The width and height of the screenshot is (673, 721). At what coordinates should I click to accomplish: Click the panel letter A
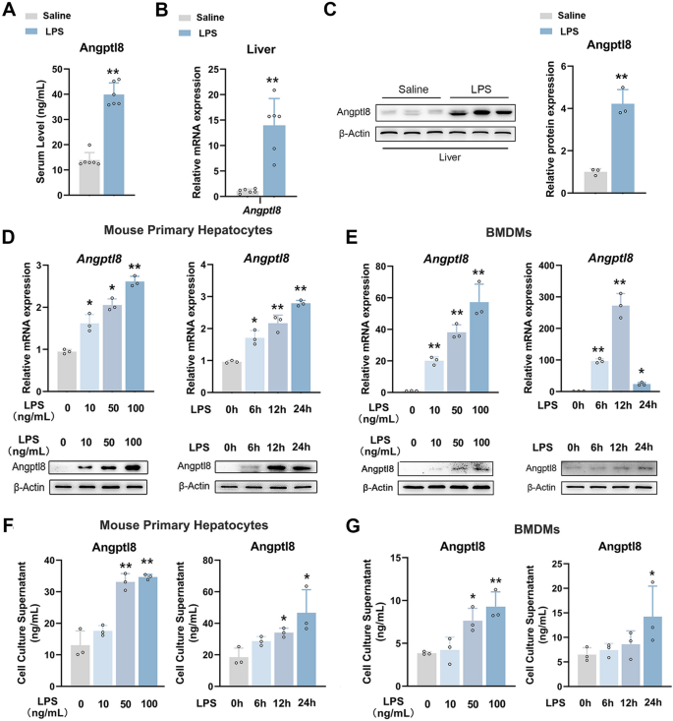coord(8,9)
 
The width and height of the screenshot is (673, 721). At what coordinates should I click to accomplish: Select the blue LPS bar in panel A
coord(114,145)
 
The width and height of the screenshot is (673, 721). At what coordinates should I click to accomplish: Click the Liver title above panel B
coord(261,49)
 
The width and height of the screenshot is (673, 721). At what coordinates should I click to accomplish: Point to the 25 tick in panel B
coord(213,70)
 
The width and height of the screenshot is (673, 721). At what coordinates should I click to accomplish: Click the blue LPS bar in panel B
coord(274,160)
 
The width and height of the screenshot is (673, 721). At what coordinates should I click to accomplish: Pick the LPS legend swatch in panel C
coord(545,31)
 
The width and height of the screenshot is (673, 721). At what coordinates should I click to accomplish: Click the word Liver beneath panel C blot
coord(449,157)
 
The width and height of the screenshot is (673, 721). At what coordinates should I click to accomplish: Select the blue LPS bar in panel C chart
coord(623,149)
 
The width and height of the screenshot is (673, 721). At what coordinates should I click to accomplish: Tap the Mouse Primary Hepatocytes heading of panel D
coord(188,230)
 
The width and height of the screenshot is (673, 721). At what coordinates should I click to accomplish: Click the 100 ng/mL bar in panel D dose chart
coord(135,336)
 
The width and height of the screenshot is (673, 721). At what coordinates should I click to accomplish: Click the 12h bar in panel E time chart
coord(621,348)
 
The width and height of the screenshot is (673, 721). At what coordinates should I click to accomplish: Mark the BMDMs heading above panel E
coord(509,233)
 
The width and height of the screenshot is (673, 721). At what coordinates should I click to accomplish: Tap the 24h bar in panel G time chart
coord(652,651)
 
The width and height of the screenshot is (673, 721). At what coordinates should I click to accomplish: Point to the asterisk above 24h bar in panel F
coord(307,577)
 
